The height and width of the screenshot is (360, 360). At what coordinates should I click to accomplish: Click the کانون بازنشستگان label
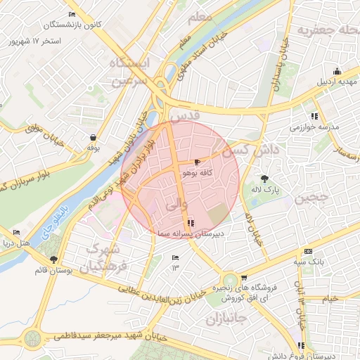[x=73, y=25]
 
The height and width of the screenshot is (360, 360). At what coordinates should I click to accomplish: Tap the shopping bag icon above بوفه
[x=93, y=137]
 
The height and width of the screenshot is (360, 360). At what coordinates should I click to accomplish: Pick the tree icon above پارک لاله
[x=264, y=179]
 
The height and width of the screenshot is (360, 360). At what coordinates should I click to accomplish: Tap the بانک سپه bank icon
[x=308, y=252]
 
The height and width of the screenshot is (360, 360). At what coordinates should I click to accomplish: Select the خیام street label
[x=330, y=298]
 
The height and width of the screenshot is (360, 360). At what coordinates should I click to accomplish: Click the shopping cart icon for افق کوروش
[x=244, y=278]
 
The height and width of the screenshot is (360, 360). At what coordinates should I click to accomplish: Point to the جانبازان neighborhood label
[x=228, y=319]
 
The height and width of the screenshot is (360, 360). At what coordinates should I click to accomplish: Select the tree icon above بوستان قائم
[x=53, y=259]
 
